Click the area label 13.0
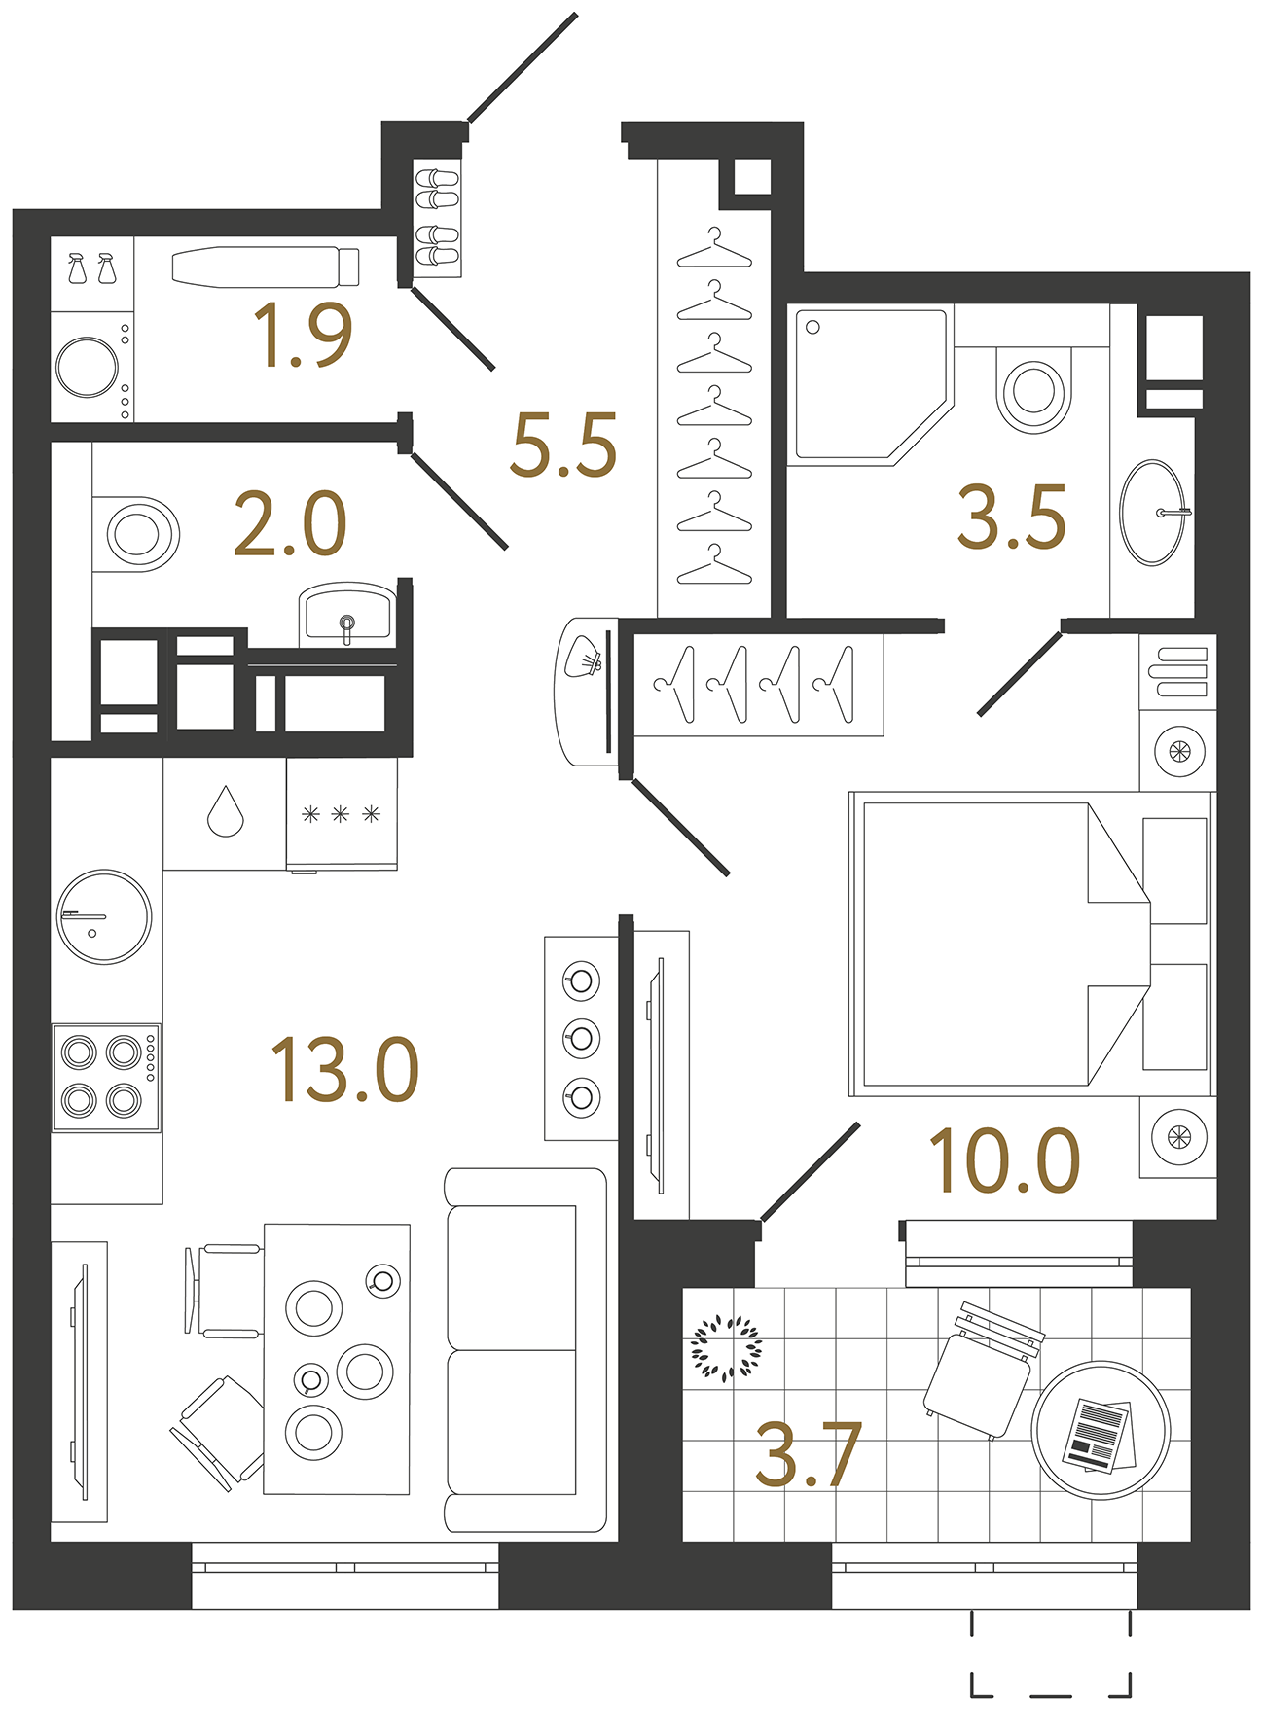pos(344,1071)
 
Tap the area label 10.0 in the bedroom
pos(1004,1161)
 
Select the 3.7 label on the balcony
pos(808,1456)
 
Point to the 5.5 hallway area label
pos(563,446)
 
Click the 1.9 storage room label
pos(302,337)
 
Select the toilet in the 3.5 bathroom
pos(1033,389)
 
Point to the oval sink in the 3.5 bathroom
pos(1152,513)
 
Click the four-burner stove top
pos(105,1077)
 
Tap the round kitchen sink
pos(104,916)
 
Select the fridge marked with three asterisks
pos(342,815)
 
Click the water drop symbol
pos(225,812)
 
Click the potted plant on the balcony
pos(726,1348)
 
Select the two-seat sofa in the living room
pos(525,1349)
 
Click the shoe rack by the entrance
pos(437,217)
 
